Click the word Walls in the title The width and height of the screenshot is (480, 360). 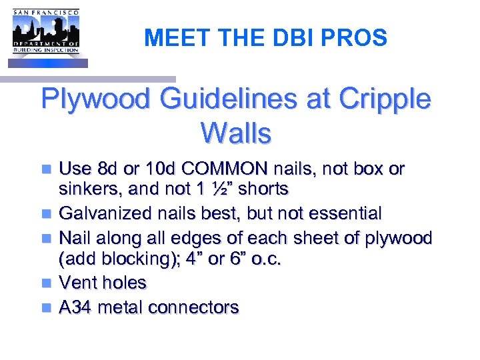click(x=235, y=133)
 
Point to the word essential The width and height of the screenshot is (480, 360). click(x=341, y=213)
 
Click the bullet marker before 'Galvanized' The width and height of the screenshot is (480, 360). click(x=45, y=214)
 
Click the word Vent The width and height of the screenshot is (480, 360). click(x=75, y=283)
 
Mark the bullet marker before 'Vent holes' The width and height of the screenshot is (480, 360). click(x=45, y=283)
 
